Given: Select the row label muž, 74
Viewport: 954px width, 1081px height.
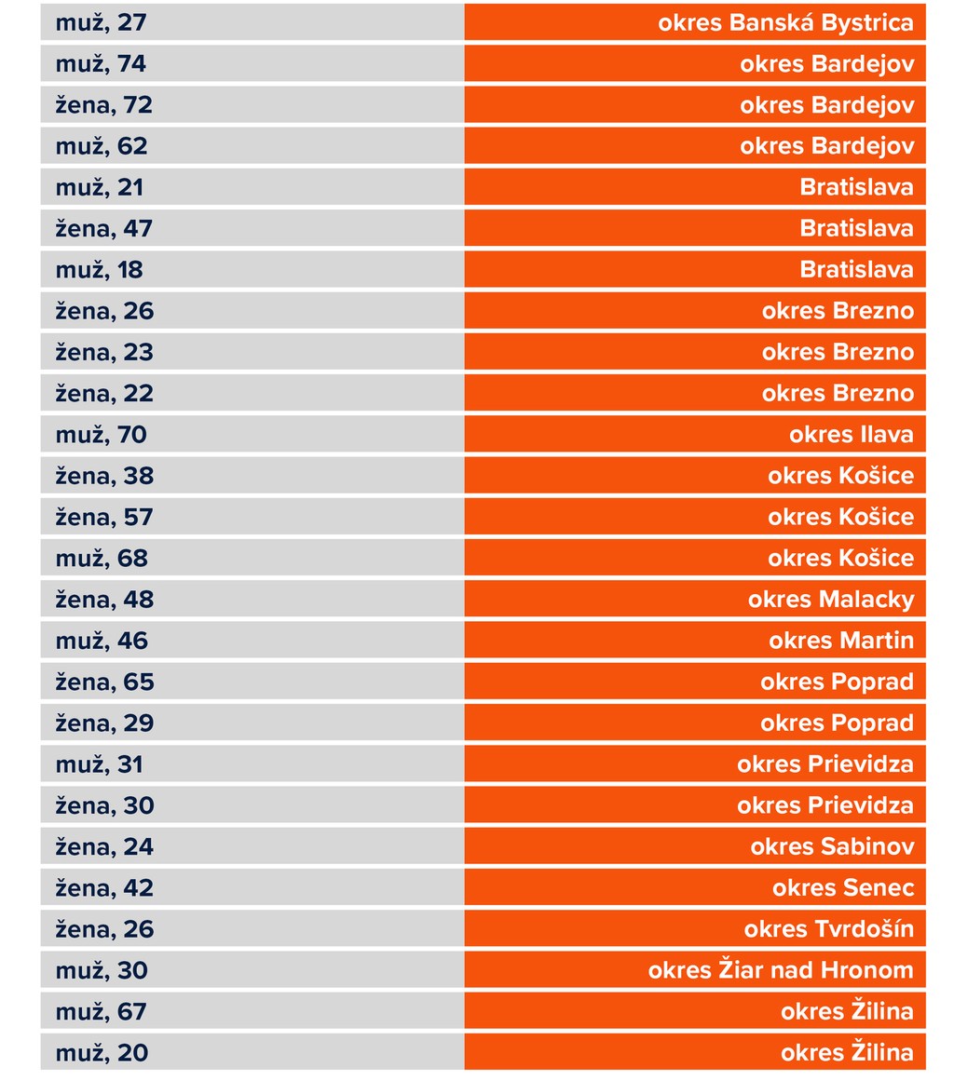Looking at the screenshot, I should [101, 64].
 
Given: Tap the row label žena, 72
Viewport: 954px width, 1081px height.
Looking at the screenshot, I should [103, 105].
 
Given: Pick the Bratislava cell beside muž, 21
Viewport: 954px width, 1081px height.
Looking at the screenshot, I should [856, 187].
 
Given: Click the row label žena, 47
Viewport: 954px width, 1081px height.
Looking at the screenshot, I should [103, 228].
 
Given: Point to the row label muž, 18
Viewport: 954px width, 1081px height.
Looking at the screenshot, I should [99, 270].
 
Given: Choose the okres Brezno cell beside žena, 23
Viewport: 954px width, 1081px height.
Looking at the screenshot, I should [837, 352].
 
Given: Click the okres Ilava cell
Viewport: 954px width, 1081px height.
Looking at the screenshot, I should [851, 435].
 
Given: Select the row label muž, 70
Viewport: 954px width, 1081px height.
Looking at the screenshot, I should [101, 435].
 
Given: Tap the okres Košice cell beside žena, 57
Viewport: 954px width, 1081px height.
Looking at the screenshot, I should [840, 517].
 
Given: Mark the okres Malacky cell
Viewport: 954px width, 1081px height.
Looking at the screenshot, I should [830, 600].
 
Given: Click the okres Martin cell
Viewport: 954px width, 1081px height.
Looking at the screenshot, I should [840, 641].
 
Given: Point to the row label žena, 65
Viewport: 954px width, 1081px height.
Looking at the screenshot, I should [103, 682].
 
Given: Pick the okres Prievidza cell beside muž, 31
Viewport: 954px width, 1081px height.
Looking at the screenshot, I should [825, 764].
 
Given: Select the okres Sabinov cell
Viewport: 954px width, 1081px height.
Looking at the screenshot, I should [832, 846].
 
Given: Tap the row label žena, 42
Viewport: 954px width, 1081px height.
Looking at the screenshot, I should [103, 887].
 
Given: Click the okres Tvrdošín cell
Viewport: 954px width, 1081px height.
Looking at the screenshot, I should [828, 929].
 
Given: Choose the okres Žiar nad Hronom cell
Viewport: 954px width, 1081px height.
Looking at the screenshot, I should [781, 970].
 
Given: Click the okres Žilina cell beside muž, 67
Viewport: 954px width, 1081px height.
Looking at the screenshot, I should [847, 1011].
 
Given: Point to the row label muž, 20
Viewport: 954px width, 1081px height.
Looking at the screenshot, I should [101, 1053].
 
